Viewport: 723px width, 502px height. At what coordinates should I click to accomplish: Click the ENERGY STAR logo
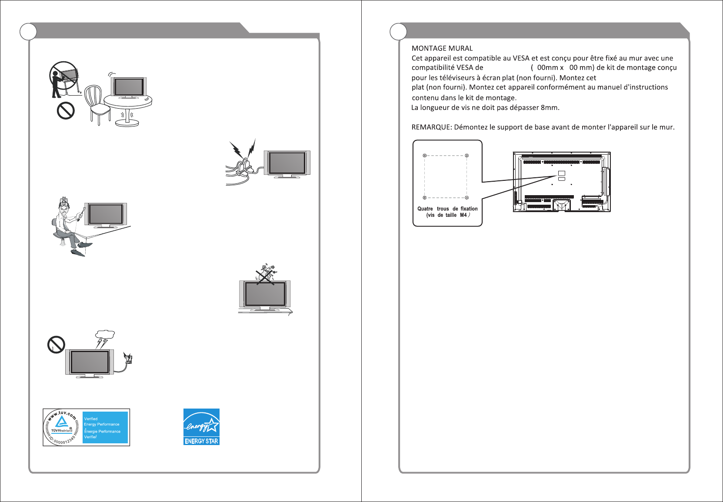(x=201, y=426)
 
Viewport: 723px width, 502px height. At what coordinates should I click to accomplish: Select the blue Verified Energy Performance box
(x=105, y=428)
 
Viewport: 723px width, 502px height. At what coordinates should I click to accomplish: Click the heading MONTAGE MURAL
(x=442, y=48)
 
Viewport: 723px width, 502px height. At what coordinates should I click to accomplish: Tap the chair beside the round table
(x=97, y=104)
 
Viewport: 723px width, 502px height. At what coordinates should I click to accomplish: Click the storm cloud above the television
(x=105, y=335)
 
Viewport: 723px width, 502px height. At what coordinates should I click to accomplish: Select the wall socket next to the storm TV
(x=128, y=359)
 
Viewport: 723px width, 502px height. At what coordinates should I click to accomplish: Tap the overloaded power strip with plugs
(x=243, y=167)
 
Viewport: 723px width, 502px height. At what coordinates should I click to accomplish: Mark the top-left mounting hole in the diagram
(x=425, y=156)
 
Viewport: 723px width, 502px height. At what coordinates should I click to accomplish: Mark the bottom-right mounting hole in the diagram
(x=466, y=198)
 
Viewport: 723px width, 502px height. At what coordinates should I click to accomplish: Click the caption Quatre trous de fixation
(x=447, y=209)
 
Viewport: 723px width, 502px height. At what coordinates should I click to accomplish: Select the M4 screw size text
(x=463, y=215)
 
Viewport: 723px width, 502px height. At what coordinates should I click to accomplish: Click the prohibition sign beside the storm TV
(x=56, y=345)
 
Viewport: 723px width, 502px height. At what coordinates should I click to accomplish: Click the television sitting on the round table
(x=129, y=87)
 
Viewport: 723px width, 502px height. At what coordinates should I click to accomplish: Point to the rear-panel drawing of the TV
(x=562, y=182)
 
